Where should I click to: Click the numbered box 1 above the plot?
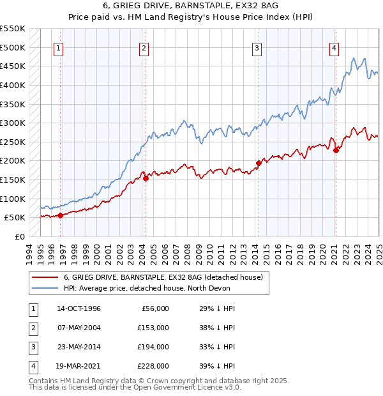point(58,47)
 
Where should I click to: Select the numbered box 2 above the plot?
point(144,47)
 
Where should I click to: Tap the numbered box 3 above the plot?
point(257,47)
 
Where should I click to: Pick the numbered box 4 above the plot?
point(334,47)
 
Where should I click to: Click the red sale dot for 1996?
point(60,215)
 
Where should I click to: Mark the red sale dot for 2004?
point(146,178)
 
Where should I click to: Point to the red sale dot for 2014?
point(259,163)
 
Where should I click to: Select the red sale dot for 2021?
point(336,150)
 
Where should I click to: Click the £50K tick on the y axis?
point(15,218)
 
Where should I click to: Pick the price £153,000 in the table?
point(153,328)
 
